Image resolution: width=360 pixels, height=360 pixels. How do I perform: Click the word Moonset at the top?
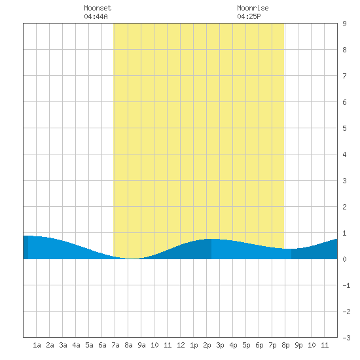[x=98, y=8]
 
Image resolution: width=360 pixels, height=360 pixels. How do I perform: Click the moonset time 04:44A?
[x=96, y=16]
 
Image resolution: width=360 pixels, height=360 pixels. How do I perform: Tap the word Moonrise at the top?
[x=253, y=8]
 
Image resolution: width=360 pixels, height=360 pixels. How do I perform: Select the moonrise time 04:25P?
[x=249, y=16]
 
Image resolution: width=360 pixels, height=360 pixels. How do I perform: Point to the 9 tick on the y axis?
[x=344, y=24]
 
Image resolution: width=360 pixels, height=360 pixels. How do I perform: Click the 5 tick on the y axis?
[x=344, y=128]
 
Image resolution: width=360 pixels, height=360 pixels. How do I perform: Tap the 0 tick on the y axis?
[x=344, y=259]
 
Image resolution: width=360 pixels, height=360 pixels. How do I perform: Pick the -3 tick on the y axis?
[x=346, y=338]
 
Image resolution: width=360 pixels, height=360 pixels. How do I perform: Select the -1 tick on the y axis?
[x=346, y=285]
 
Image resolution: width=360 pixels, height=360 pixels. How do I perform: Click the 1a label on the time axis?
[x=37, y=345]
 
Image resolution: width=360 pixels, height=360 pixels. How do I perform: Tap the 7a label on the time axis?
[x=115, y=345]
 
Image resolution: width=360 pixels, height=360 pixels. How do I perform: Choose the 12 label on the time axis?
[x=181, y=345]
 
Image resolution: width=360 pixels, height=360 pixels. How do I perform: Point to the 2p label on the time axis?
[x=207, y=345]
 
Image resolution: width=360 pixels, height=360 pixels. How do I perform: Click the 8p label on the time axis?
[x=285, y=345]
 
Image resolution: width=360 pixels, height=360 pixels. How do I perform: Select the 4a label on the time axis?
[x=76, y=345]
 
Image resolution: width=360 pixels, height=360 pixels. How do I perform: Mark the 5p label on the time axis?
[x=246, y=345]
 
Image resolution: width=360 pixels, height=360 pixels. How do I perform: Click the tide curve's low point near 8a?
[x=132, y=259]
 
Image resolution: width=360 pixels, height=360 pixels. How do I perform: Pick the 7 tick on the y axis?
[x=344, y=76]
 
